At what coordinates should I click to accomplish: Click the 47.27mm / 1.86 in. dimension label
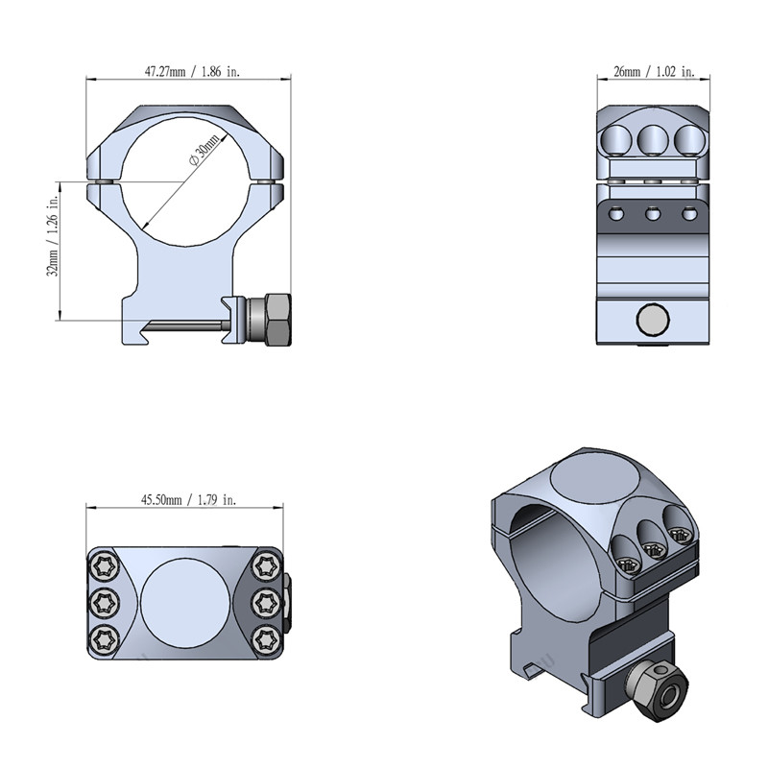click(192, 71)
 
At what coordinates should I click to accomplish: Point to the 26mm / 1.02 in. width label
click(654, 71)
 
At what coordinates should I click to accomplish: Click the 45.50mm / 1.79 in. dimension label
click(188, 499)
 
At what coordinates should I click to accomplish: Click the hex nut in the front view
click(277, 320)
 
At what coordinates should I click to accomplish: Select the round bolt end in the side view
click(653, 321)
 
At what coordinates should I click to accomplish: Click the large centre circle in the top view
click(185, 603)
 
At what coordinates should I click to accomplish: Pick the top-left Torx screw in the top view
click(105, 567)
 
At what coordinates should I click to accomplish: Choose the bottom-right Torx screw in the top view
click(266, 638)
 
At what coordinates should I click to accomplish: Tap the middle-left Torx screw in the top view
click(105, 603)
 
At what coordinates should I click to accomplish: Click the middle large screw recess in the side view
click(653, 138)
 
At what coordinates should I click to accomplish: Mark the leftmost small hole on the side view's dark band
click(615, 214)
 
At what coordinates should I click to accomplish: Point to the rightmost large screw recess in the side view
click(689, 138)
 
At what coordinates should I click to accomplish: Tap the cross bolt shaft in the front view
click(186, 324)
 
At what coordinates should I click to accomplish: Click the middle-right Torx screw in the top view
click(266, 603)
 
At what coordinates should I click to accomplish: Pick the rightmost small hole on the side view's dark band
click(689, 214)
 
